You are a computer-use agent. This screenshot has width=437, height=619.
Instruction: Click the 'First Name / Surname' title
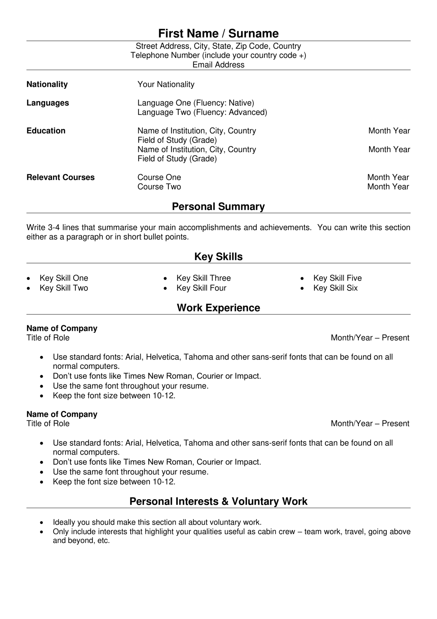pyautogui.click(x=218, y=33)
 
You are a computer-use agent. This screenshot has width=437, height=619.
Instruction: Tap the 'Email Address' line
pyautogui.click(x=218, y=65)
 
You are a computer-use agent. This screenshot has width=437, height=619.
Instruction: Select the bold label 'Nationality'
pyautogui.click(x=47, y=84)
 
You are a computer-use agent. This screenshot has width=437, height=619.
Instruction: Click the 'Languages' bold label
pyautogui.click(x=48, y=103)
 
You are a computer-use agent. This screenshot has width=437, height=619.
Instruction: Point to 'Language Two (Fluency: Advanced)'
pyautogui.click(x=202, y=112)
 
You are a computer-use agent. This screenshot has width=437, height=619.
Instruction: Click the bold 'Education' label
pyautogui.click(x=46, y=131)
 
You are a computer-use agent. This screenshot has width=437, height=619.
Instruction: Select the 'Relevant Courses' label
pyautogui.click(x=60, y=177)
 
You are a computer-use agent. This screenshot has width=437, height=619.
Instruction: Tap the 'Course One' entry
pyautogui.click(x=159, y=177)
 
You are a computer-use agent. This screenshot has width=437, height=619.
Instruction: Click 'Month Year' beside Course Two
pyautogui.click(x=388, y=187)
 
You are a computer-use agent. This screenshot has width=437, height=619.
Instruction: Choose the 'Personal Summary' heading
pyautogui.click(x=218, y=206)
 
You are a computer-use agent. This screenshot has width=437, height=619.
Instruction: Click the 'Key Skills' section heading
pyautogui.click(x=218, y=257)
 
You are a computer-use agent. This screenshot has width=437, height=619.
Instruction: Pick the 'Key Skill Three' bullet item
pyautogui.click(x=204, y=278)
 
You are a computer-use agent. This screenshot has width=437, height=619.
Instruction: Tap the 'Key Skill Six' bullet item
pyautogui.click(x=335, y=288)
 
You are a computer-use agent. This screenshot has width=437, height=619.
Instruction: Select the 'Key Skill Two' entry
pyautogui.click(x=64, y=288)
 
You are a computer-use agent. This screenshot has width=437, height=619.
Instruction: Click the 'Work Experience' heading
pyautogui.click(x=218, y=308)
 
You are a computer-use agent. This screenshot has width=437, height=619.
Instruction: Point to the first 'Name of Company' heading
pyautogui.click(x=62, y=329)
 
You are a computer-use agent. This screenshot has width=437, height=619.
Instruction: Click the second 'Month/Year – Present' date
pyautogui.click(x=370, y=423)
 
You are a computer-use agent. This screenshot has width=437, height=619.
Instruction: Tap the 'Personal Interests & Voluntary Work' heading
pyautogui.click(x=218, y=501)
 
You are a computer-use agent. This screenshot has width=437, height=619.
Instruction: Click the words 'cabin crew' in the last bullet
pyautogui.click(x=276, y=532)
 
